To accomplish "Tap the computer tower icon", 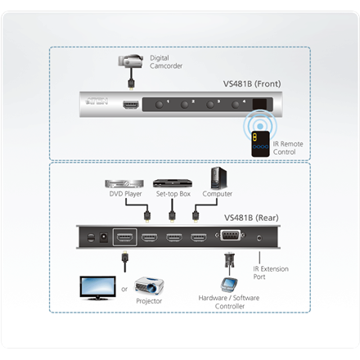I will tap(217, 178).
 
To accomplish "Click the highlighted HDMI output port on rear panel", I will tap(125, 239).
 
